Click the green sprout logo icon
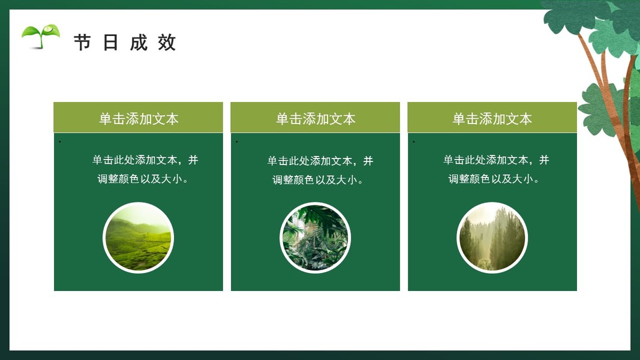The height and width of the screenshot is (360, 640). coord(41,37)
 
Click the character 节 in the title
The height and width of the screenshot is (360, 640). coord(82,43)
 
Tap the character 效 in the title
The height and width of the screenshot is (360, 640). coord(167,43)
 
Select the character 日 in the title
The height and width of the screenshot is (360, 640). coord(110,43)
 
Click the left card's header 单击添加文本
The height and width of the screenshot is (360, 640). coord(139,119)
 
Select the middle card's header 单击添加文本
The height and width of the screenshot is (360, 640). coord(316,119)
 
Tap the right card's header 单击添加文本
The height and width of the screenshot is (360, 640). coord(492,119)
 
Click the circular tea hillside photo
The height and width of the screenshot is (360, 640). coord(139,238)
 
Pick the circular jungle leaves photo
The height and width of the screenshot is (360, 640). coord(315,238)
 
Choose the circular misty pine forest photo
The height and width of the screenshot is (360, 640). coord(492,238)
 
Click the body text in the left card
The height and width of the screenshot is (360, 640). coord(145,169)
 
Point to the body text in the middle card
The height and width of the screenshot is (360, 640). coord(320,170)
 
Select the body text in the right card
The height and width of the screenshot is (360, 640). coord(496,169)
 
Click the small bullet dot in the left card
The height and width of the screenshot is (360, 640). coord(60,142)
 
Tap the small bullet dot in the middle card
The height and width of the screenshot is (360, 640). coord(237,142)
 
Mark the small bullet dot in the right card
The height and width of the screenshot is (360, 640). coord(414,142)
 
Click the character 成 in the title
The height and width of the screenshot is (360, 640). coord(139,43)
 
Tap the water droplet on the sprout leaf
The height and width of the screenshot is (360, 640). coord(49,29)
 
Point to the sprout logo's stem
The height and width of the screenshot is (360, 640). coord(40,41)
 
